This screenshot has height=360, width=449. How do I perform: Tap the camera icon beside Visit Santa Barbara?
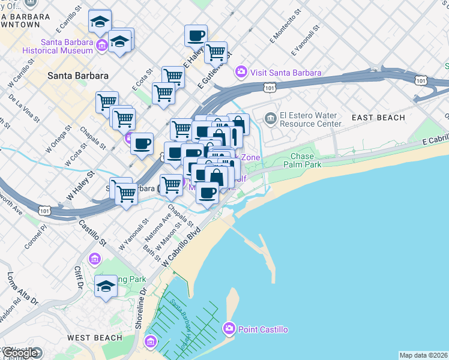click(241, 73)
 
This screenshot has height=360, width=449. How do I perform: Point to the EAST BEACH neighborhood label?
click(378, 118)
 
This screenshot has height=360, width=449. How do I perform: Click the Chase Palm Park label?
click(306, 160)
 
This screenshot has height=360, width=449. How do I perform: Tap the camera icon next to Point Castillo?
click(229, 329)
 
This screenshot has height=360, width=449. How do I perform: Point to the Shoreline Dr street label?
click(142, 308)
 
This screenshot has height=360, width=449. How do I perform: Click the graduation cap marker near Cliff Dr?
click(106, 286)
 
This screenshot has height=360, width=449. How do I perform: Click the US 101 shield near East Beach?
click(421, 80)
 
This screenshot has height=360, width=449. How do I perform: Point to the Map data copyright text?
click(423, 355)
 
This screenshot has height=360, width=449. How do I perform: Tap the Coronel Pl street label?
click(35, 237)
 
